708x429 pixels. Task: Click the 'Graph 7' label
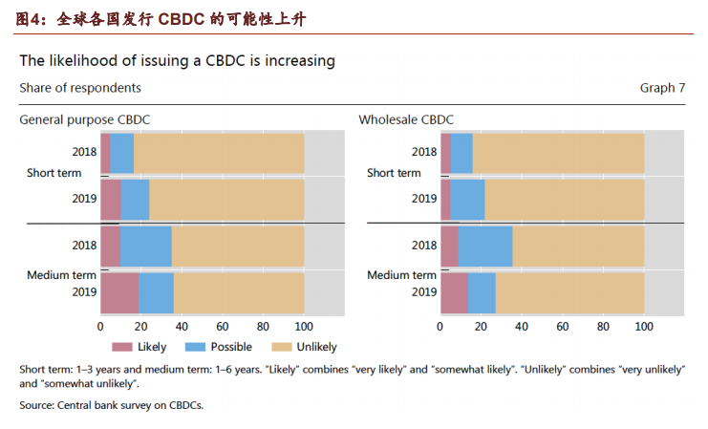click(662, 88)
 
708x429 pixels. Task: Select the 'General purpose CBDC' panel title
click(85, 119)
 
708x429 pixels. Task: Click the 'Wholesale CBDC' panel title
click(406, 119)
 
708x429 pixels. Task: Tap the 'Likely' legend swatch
click(121, 347)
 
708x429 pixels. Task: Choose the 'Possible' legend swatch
click(194, 347)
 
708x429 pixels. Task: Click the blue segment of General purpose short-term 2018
click(122, 153)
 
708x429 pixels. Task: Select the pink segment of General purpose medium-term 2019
click(119, 292)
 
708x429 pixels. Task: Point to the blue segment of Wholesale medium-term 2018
click(484, 246)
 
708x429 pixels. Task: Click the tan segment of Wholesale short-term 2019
click(564, 199)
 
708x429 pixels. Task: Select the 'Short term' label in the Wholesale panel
click(394, 173)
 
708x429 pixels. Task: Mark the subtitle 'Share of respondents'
click(80, 88)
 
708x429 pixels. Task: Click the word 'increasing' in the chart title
click(296, 60)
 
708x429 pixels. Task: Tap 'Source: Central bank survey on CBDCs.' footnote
click(111, 405)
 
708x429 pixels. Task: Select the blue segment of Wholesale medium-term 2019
click(482, 292)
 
